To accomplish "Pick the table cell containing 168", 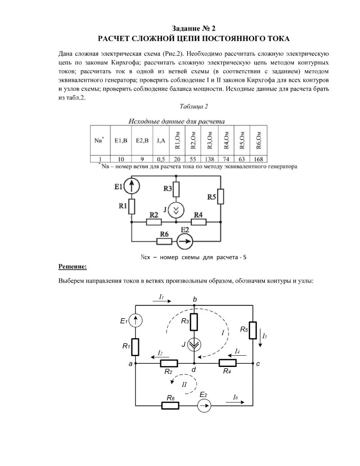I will coord(259,159).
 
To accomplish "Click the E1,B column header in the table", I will coord(120,140).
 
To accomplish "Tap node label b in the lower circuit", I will coord(194,299).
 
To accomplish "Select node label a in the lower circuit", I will coord(130,364).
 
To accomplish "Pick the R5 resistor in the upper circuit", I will coord(221,197).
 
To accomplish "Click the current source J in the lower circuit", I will coord(194,344).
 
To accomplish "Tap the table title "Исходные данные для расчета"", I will coord(177,121).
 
